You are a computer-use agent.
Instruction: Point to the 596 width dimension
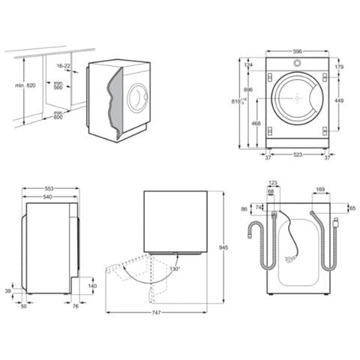pos(298,52)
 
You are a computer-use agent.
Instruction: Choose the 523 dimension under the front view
pos(298,155)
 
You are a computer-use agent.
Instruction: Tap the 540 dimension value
pos(48,198)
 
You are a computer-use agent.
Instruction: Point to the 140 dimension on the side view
pos(92,286)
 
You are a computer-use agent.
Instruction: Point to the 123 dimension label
pos(272,182)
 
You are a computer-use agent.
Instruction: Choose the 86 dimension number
pos(244,209)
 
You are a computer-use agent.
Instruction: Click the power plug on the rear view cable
pos(337,221)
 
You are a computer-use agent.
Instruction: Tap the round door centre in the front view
pos(298,97)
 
